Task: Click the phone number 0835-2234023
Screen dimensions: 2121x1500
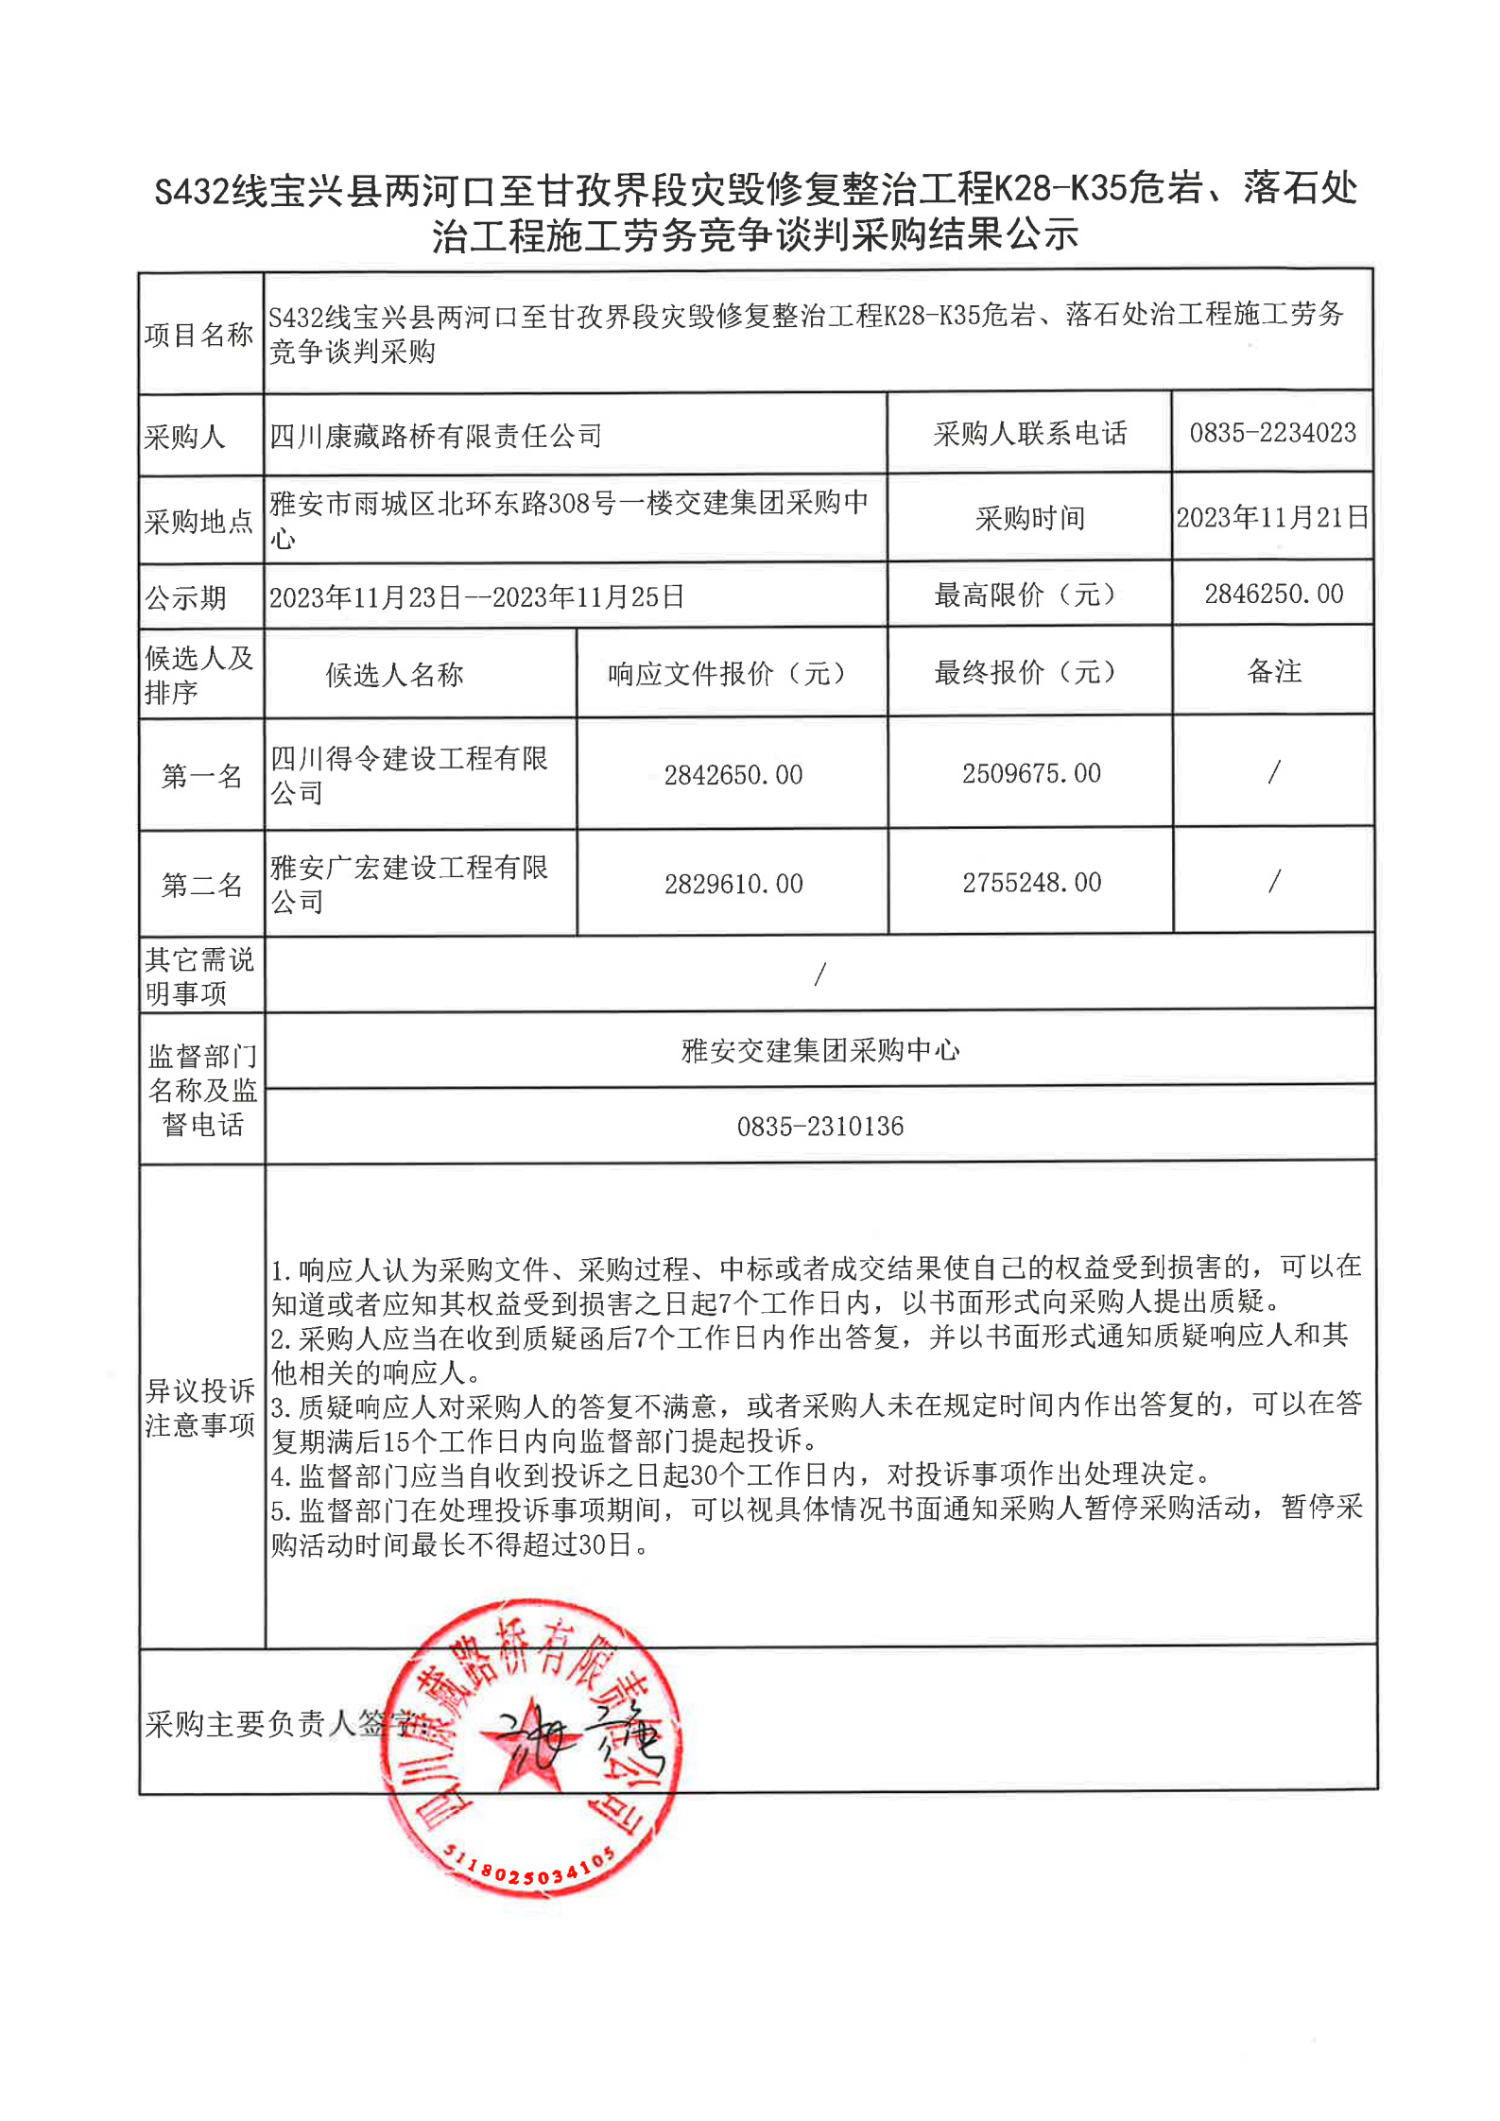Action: click(x=1272, y=433)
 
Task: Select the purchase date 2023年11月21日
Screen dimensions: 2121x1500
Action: click(x=1272, y=517)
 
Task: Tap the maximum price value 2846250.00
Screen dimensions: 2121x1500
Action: click(x=1273, y=594)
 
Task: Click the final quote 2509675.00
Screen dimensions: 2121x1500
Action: click(x=1031, y=773)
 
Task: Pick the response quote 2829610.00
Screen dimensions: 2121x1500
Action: click(x=733, y=884)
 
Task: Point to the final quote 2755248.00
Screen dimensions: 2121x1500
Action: click(x=1031, y=882)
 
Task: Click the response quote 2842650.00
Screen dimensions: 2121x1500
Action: click(x=733, y=775)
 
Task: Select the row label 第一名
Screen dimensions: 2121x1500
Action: click(x=201, y=776)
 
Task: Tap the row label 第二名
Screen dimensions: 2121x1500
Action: click(x=201, y=885)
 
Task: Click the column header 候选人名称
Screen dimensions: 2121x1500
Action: click(x=394, y=674)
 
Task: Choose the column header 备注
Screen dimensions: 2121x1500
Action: click(x=1274, y=671)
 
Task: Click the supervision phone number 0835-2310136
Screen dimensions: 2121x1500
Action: click(x=819, y=1126)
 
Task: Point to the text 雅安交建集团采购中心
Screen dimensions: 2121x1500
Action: click(x=819, y=1050)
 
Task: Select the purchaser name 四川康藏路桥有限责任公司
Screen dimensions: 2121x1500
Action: click(x=436, y=436)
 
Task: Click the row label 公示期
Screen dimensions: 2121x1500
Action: click(x=185, y=597)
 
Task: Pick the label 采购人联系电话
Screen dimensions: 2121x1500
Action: click(x=1029, y=433)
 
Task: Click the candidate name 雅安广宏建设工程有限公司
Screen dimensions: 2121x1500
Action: click(x=408, y=884)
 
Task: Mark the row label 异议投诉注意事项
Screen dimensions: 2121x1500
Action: click(x=200, y=1407)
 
